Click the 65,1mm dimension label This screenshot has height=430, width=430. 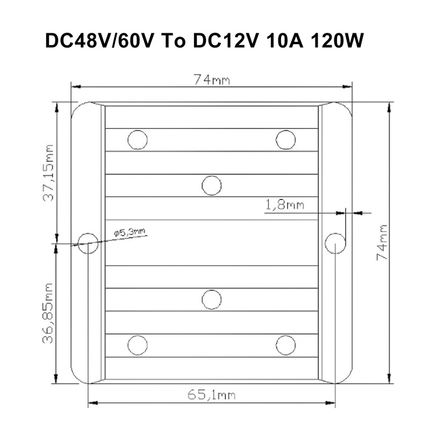211,395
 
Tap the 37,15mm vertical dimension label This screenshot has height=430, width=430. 48,173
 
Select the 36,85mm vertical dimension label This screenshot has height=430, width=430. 48,313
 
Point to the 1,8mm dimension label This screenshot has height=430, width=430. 285,205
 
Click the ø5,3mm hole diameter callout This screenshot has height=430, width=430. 130,233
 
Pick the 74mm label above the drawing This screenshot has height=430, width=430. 212,80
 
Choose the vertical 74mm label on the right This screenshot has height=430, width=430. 382,242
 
